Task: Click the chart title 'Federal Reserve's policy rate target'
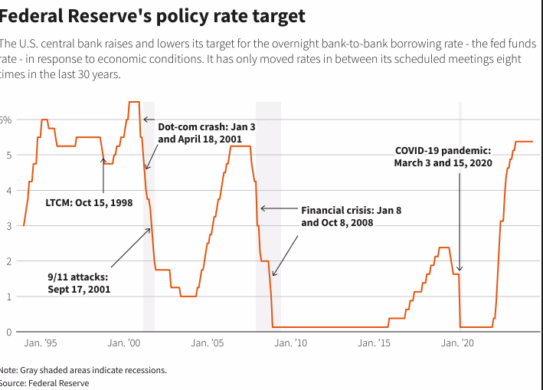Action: [x=152, y=15]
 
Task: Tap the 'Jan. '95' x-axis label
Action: [x=40, y=344]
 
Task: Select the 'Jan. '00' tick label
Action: [x=124, y=344]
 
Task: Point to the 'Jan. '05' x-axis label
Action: [x=208, y=344]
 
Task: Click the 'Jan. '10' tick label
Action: [x=292, y=344]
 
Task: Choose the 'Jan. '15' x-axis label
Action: [x=375, y=344]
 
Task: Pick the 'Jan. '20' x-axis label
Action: [x=459, y=344]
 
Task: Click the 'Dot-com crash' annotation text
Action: [x=201, y=133]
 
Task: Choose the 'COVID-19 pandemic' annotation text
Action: [x=443, y=157]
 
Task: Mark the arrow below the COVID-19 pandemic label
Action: [x=460, y=222]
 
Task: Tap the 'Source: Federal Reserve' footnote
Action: [x=44, y=383]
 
